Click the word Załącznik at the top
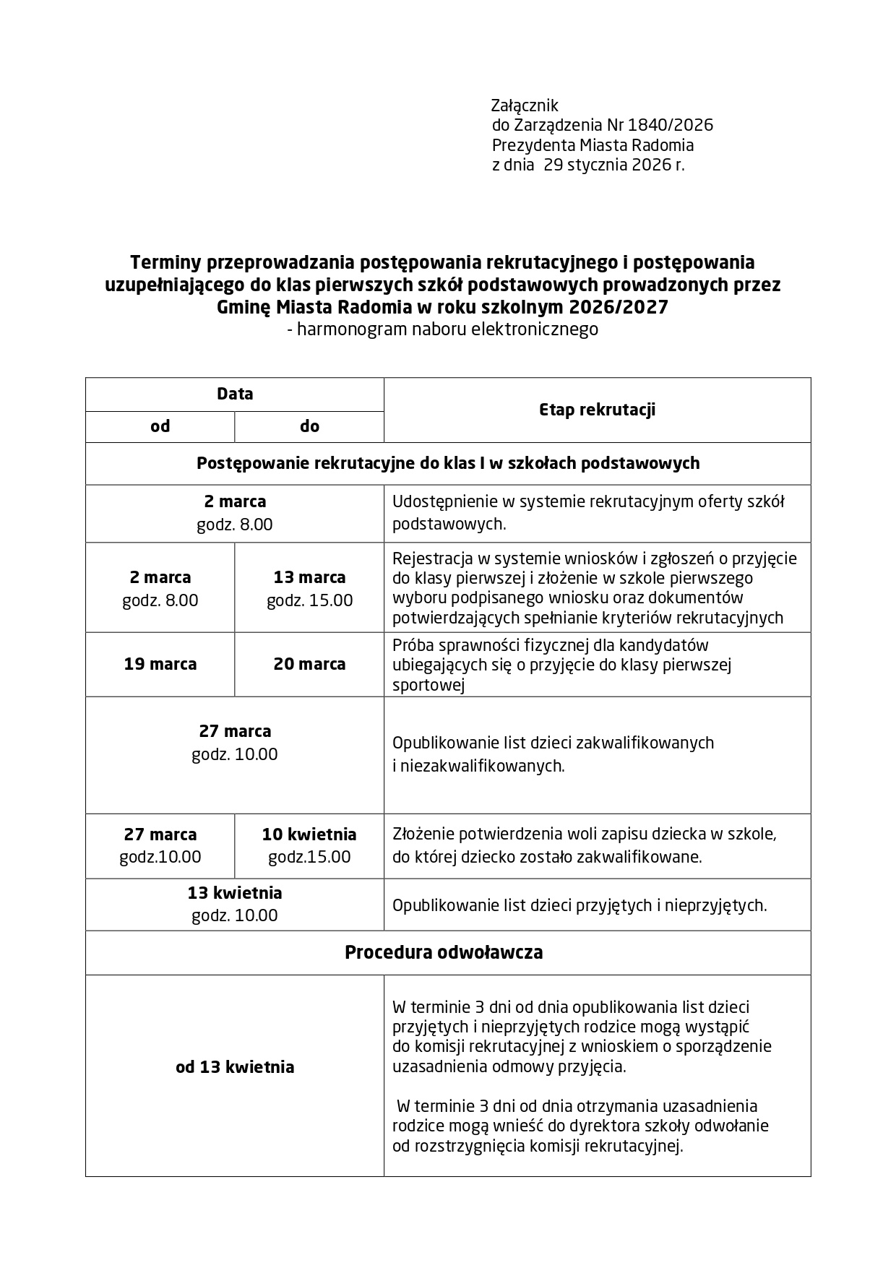[525, 105]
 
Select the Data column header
[235, 394]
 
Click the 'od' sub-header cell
[160, 426]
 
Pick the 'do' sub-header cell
[309, 426]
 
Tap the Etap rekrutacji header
[597, 410]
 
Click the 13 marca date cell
[309, 577]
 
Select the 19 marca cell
[160, 664]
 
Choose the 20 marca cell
[309, 664]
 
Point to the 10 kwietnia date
[309, 834]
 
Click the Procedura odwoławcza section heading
[444, 952]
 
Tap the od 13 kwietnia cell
[235, 1067]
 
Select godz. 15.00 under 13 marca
[309, 600]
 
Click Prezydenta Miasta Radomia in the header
[593, 145]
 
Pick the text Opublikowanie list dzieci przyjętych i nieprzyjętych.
[580, 905]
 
